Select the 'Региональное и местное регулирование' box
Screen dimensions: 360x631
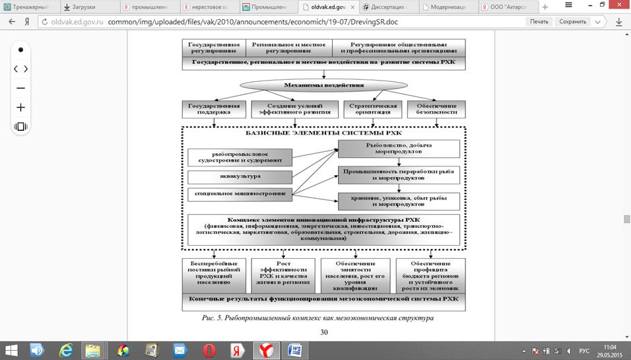pyautogui.click(x=288, y=48)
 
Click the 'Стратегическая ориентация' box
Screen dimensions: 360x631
pyautogui.click(x=372, y=109)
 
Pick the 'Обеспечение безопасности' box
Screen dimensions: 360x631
pyautogui.click(x=436, y=109)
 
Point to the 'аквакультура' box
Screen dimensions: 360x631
pyautogui.click(x=240, y=177)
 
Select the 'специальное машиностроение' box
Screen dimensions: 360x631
pyautogui.click(x=240, y=194)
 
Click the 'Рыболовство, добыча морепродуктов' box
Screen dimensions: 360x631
pyautogui.click(x=399, y=149)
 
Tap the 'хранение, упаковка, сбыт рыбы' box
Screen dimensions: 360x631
pyautogui.click(x=399, y=201)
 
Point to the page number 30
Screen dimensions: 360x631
pyautogui.click(x=324, y=332)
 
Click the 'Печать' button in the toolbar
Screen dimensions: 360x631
pyautogui.click(x=539, y=21)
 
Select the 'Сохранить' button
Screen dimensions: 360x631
pyautogui.click(x=572, y=21)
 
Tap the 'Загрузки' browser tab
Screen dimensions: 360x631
pyautogui.click(x=84, y=7)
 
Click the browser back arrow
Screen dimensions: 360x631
pyautogui.click(x=12, y=21)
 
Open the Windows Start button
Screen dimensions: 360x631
pyautogui.click(x=13, y=349)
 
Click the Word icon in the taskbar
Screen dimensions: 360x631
pyautogui.click(x=295, y=349)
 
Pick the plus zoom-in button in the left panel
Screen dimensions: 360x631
pyautogui.click(x=20, y=107)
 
